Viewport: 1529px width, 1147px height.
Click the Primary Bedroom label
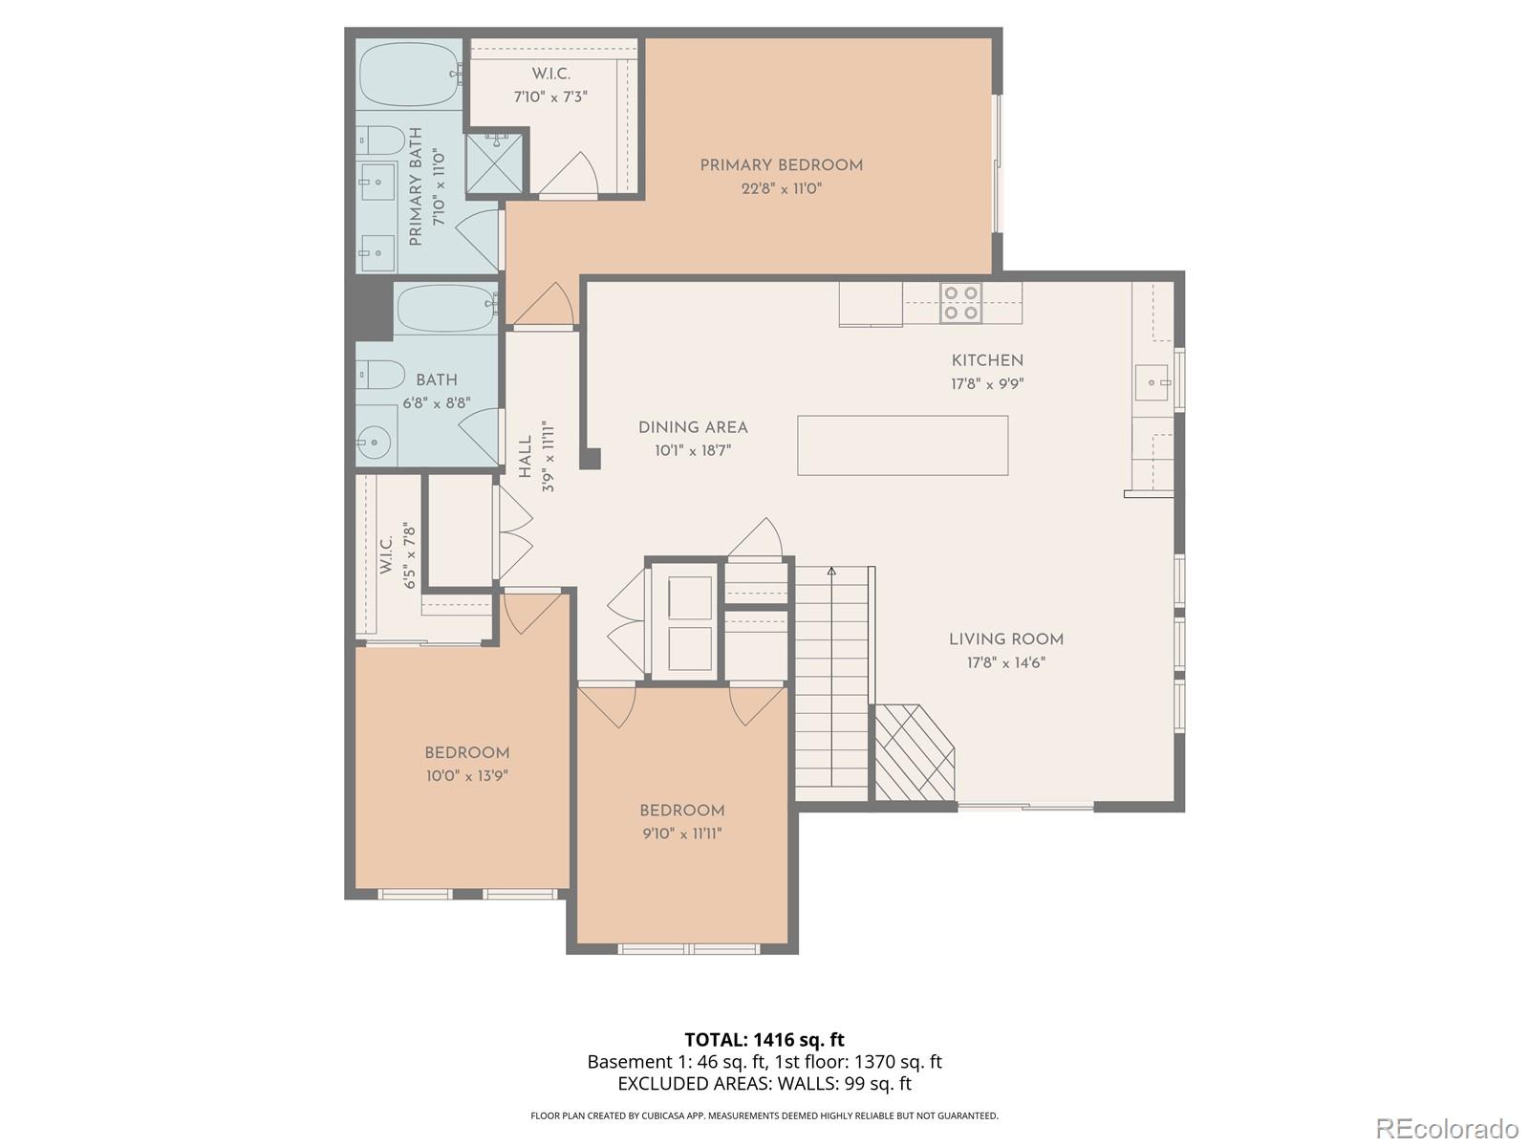click(781, 165)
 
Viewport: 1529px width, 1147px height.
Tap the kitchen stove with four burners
click(960, 302)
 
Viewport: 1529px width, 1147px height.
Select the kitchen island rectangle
click(902, 445)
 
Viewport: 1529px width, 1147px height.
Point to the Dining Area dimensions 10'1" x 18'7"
click(693, 450)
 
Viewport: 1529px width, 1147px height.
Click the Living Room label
click(1005, 639)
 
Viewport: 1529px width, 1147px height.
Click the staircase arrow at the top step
click(831, 572)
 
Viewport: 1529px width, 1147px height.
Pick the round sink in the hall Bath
click(374, 442)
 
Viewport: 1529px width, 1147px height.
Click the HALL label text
click(526, 457)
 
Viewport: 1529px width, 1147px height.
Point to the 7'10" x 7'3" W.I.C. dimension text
click(550, 97)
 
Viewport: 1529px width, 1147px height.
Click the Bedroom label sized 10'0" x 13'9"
click(466, 753)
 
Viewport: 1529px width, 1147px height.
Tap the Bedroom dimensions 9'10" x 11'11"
click(681, 833)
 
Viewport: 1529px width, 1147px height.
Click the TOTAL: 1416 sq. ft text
click(764, 1040)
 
